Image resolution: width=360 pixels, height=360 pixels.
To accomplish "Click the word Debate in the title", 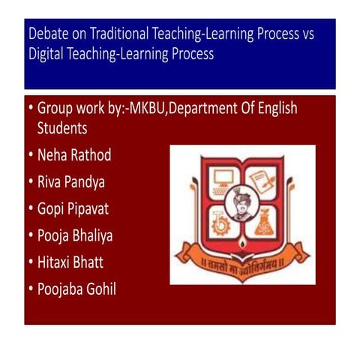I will tap(47, 34).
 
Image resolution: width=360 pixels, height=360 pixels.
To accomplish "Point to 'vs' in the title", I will tap(325, 34).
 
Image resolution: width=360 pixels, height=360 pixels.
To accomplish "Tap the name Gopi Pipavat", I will tap(74, 208).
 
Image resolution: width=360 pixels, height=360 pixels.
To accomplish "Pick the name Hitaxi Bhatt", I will tap(73, 262).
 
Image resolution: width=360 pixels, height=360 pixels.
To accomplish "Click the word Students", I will tap(62, 128).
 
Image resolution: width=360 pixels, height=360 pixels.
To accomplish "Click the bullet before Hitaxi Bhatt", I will tap(29, 262).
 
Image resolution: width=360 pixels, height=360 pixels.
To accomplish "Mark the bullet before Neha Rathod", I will tap(29, 155).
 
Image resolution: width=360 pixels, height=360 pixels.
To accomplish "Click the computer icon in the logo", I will tap(223, 179).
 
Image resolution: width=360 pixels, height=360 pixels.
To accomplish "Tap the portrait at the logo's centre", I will tap(242, 202).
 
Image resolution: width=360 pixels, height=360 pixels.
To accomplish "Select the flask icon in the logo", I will tap(263, 223).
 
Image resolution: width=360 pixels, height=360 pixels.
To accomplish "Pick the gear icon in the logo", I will tap(221, 223).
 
